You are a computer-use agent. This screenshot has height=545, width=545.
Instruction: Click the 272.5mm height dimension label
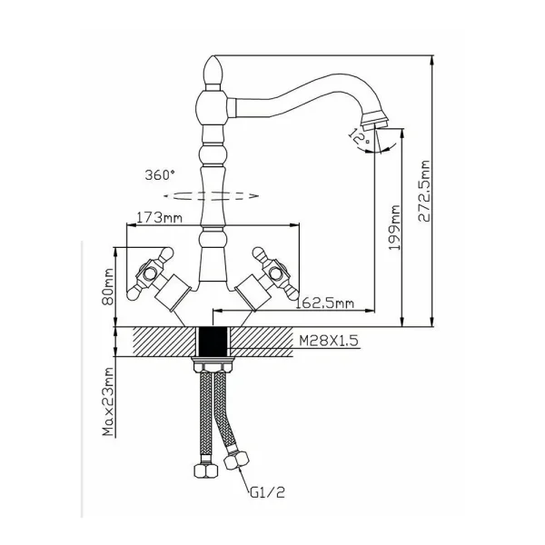[424, 191]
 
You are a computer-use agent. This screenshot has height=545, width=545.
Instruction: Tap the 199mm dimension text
[394, 227]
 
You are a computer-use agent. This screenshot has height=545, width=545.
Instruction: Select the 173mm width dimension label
[159, 218]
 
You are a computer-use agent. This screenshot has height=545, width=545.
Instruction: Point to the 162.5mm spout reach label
[324, 303]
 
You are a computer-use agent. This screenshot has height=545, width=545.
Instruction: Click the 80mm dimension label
[108, 286]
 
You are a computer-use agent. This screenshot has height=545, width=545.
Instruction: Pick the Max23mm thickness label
[108, 401]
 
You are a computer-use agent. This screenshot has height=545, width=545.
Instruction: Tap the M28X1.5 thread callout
[329, 341]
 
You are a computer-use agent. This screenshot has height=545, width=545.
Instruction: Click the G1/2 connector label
[267, 492]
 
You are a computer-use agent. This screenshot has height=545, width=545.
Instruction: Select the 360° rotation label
[160, 174]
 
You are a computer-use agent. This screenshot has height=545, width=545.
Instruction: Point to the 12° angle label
[359, 136]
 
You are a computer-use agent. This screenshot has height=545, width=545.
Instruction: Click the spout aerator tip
[375, 120]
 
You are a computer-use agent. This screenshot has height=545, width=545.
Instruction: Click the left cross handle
[150, 273]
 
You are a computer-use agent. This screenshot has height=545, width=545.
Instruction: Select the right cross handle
[275, 273]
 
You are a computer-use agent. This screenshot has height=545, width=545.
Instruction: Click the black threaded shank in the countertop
[213, 342]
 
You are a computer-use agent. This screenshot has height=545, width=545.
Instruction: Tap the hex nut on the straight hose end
[205, 471]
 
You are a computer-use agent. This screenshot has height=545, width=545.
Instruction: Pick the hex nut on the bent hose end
[237, 461]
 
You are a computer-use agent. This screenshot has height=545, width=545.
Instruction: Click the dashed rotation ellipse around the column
[212, 196]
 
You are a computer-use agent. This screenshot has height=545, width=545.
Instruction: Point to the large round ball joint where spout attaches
[212, 107]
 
